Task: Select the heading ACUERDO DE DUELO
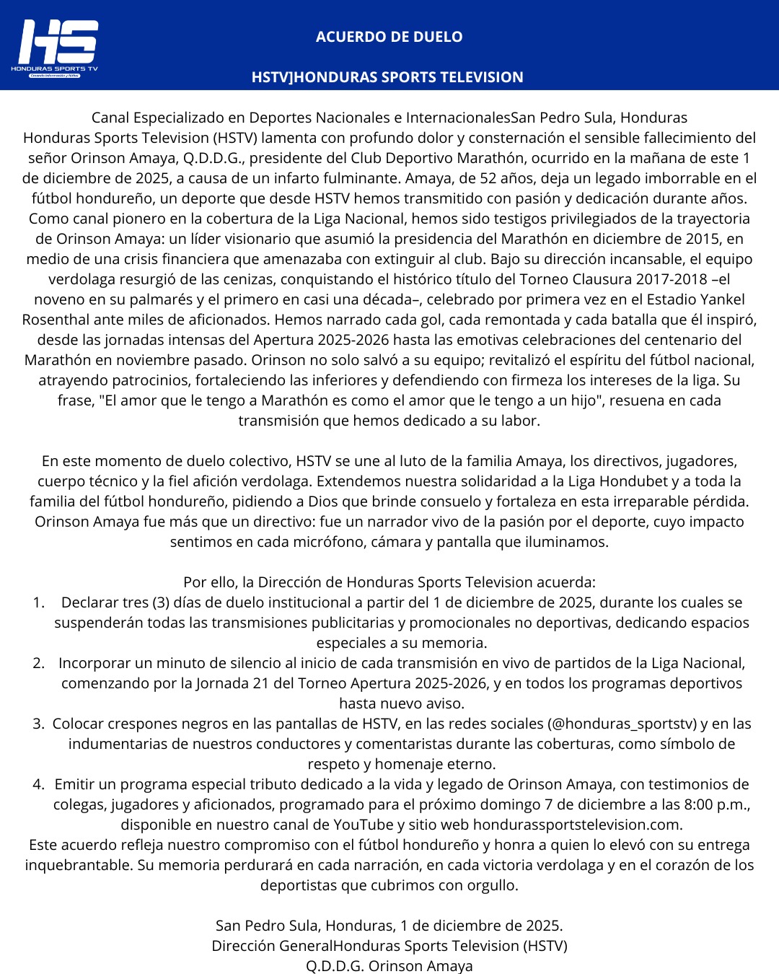tap(389, 37)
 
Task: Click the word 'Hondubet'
tap(638, 481)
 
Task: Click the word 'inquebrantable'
tap(78, 865)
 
